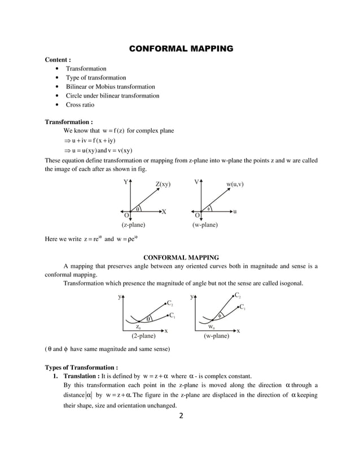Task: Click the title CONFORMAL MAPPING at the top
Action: coord(181,49)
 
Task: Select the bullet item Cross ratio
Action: coord(80,105)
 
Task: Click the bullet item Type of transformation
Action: coord(96,78)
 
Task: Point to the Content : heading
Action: coord(58,59)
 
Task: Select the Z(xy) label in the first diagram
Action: coord(163,184)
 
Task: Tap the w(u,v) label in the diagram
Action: coord(239,184)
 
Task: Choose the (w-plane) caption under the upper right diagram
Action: coord(205,225)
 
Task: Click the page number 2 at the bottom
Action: coord(181,417)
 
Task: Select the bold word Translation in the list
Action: coord(80,376)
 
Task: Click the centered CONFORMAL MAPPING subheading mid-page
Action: coord(181,257)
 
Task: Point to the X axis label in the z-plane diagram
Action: coord(164,212)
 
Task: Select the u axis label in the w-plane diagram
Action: coord(235,212)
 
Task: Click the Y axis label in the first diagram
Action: coord(125,182)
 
